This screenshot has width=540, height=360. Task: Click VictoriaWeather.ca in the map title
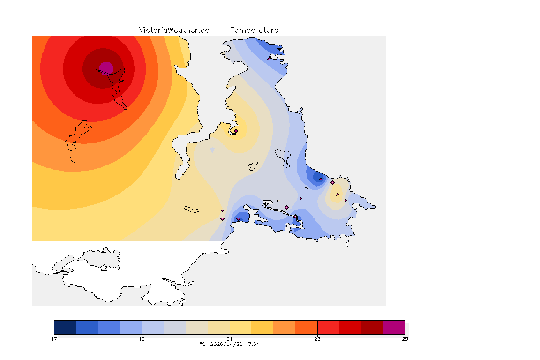174,30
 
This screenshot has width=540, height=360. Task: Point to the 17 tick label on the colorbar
54,339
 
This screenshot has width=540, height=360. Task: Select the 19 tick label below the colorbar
142,339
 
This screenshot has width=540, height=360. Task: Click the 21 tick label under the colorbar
230,339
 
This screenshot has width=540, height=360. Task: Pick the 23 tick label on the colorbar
317,339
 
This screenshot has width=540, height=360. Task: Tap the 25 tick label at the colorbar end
405,339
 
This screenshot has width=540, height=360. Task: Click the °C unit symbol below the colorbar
202,344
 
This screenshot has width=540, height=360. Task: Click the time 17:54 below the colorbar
252,344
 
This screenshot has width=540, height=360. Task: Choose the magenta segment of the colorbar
394,327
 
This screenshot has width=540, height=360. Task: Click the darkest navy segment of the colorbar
65,327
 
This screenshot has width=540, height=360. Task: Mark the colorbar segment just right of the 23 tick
328,327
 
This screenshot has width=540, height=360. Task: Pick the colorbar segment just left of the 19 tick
131,327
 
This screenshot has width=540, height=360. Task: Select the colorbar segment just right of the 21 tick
240,327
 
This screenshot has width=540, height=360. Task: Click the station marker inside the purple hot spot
108,68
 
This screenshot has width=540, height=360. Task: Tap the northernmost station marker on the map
270,59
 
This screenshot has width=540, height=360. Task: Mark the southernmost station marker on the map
341,231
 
